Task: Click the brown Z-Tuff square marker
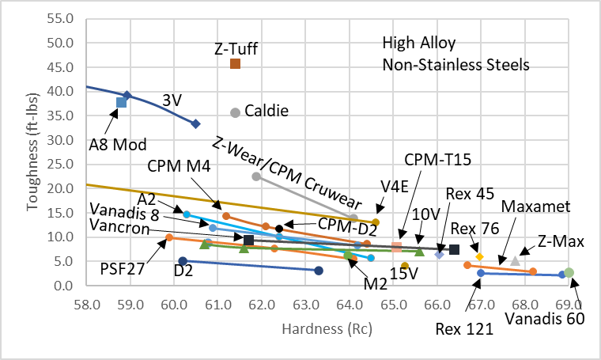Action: [x=235, y=63]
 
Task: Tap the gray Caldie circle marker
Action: [x=235, y=113]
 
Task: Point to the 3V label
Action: [x=172, y=100]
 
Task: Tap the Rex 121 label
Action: [x=464, y=328]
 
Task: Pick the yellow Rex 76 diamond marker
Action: [x=479, y=257]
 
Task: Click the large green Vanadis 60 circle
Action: [x=569, y=273]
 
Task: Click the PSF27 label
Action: [x=122, y=268]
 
